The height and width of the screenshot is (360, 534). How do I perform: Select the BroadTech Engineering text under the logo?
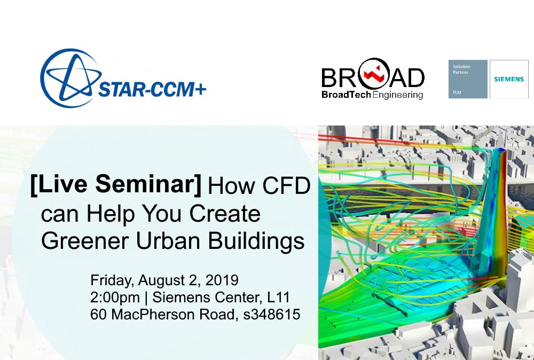(372, 95)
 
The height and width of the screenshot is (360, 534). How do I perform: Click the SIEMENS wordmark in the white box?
(508, 79)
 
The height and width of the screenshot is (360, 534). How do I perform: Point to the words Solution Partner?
(461, 69)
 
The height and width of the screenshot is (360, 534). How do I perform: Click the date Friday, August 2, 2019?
(164, 280)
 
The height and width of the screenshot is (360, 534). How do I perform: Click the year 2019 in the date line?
(223, 280)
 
